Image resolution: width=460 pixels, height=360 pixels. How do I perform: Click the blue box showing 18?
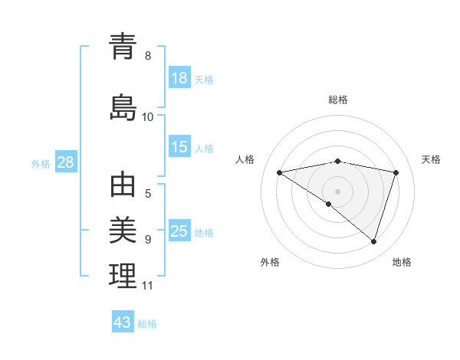tap(179, 78)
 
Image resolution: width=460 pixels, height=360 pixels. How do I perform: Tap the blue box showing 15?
tap(179, 147)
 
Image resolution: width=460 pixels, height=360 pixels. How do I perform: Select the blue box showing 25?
tap(179, 231)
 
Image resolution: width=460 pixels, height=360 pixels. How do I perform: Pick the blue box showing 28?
tap(65, 162)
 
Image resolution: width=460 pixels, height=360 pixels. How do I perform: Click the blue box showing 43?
tap(123, 322)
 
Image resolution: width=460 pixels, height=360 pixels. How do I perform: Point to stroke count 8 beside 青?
tap(148, 56)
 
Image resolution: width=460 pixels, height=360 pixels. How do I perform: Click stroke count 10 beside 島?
tap(148, 117)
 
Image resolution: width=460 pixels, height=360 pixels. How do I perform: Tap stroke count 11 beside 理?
tap(148, 286)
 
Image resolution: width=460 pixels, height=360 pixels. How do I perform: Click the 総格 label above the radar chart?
tap(338, 100)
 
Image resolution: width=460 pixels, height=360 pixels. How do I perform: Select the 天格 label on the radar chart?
tap(432, 159)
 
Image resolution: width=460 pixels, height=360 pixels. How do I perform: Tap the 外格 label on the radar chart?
tap(270, 262)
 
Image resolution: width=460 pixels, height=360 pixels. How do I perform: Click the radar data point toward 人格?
tap(280, 172)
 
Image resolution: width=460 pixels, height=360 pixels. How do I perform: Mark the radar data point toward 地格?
tap(373, 241)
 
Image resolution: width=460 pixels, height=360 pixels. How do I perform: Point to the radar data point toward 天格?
tap(396, 172)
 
